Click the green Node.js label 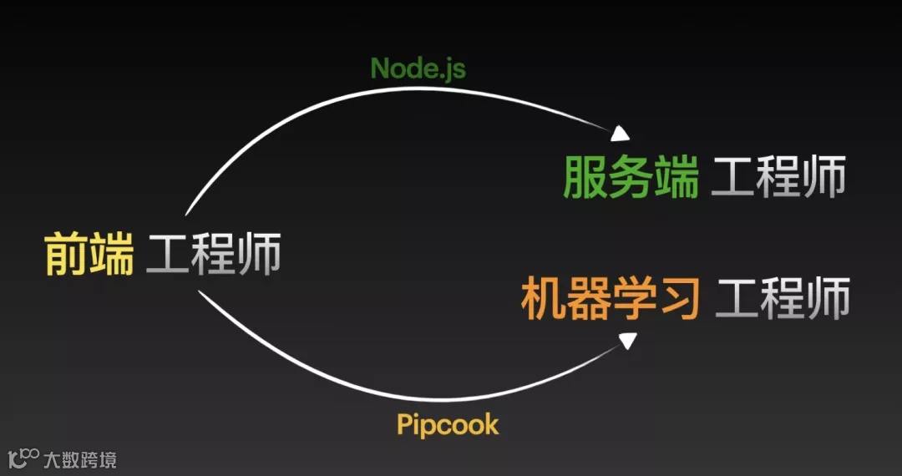click(x=418, y=68)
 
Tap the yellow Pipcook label click(x=448, y=424)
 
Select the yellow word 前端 click(x=89, y=255)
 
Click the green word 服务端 click(x=631, y=178)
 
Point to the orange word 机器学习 click(x=610, y=299)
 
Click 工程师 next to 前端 click(x=214, y=255)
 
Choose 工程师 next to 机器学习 click(x=783, y=299)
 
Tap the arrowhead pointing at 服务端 click(x=621, y=134)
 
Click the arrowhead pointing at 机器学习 click(x=628, y=340)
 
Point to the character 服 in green click(x=585, y=178)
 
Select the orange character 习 click(x=678, y=299)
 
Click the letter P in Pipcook click(x=404, y=424)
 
